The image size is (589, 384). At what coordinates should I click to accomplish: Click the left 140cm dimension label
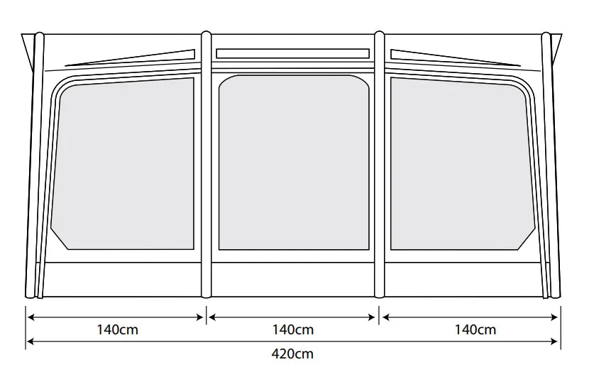pos(118,330)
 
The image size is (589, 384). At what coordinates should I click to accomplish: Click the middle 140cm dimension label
pos(293,330)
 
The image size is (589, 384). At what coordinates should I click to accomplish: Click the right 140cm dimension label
pos(475,330)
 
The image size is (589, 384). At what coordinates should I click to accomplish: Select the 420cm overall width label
pos(292,354)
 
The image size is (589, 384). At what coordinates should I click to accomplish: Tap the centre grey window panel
pos(293,163)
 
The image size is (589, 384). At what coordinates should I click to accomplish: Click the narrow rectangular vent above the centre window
pos(292,53)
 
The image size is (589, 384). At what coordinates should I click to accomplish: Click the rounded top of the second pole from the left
pos(207,35)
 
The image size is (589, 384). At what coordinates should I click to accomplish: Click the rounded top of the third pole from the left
pos(380,35)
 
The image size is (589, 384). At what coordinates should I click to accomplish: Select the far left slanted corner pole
pos(35,165)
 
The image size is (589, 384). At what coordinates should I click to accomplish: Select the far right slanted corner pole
pos(551,165)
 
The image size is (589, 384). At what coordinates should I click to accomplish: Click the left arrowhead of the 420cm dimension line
pos(31,341)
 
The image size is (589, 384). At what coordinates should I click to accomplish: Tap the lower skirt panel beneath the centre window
pos(293,279)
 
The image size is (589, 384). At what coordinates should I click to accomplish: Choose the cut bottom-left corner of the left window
pos(60,239)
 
